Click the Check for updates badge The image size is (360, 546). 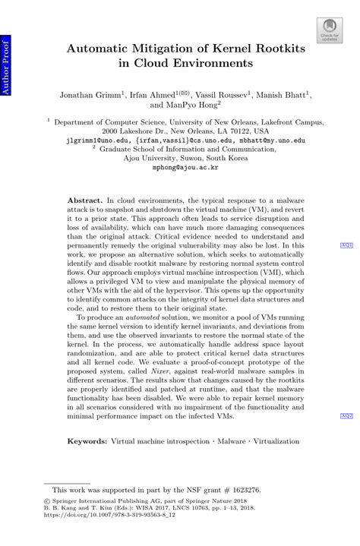click(x=329, y=30)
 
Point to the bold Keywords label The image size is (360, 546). click(x=87, y=440)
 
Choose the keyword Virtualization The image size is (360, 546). click(x=276, y=440)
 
